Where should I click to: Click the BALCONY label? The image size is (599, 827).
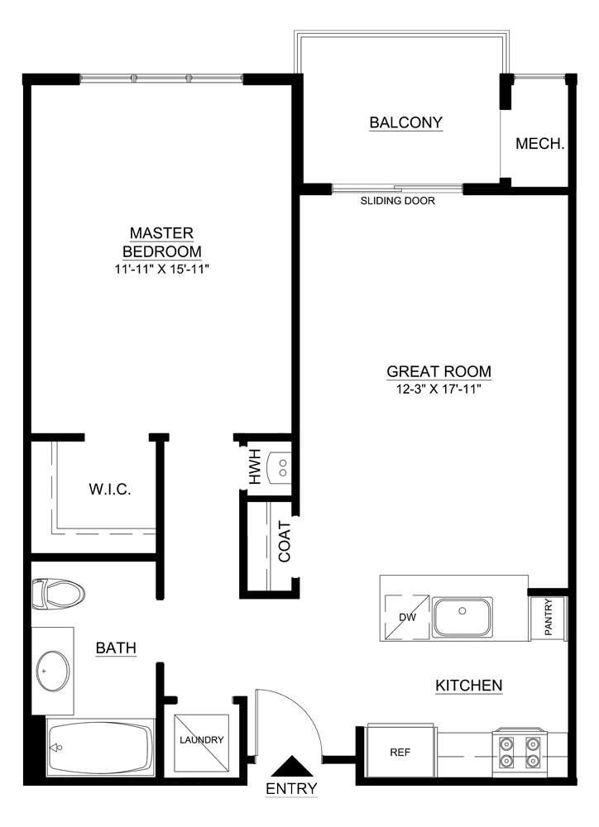(x=405, y=123)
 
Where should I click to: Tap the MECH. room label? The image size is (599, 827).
(x=539, y=144)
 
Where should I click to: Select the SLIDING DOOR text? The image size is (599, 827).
(x=398, y=201)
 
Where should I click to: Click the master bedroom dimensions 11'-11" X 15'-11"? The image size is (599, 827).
(x=162, y=270)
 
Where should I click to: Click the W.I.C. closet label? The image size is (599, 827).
(x=110, y=490)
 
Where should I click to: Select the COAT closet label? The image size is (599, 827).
(x=285, y=542)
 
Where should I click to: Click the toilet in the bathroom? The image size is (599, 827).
(x=58, y=594)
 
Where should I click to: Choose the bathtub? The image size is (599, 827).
(x=100, y=747)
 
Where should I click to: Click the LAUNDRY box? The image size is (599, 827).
(x=202, y=740)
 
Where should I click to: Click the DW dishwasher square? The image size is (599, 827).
(x=405, y=616)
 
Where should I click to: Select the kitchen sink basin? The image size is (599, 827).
(x=463, y=617)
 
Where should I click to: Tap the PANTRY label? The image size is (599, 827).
(x=549, y=619)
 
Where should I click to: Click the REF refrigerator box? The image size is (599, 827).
(x=400, y=753)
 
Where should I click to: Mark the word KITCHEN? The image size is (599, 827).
(x=469, y=685)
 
